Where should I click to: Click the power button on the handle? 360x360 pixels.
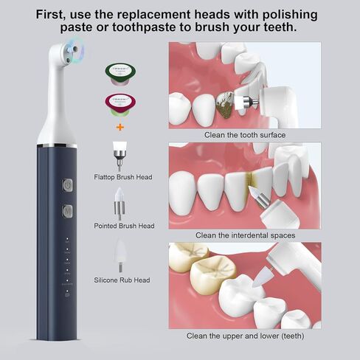[67, 186]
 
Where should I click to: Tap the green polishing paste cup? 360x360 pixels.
[118, 72]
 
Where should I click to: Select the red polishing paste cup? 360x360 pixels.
[118, 105]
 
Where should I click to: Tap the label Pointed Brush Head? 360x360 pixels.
[124, 226]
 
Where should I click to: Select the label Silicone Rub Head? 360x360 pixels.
[122, 280]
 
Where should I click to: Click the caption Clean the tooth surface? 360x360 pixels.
[245, 134]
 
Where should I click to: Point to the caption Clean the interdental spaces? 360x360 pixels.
[245, 235]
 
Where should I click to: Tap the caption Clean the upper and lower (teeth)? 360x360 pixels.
[245, 336]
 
